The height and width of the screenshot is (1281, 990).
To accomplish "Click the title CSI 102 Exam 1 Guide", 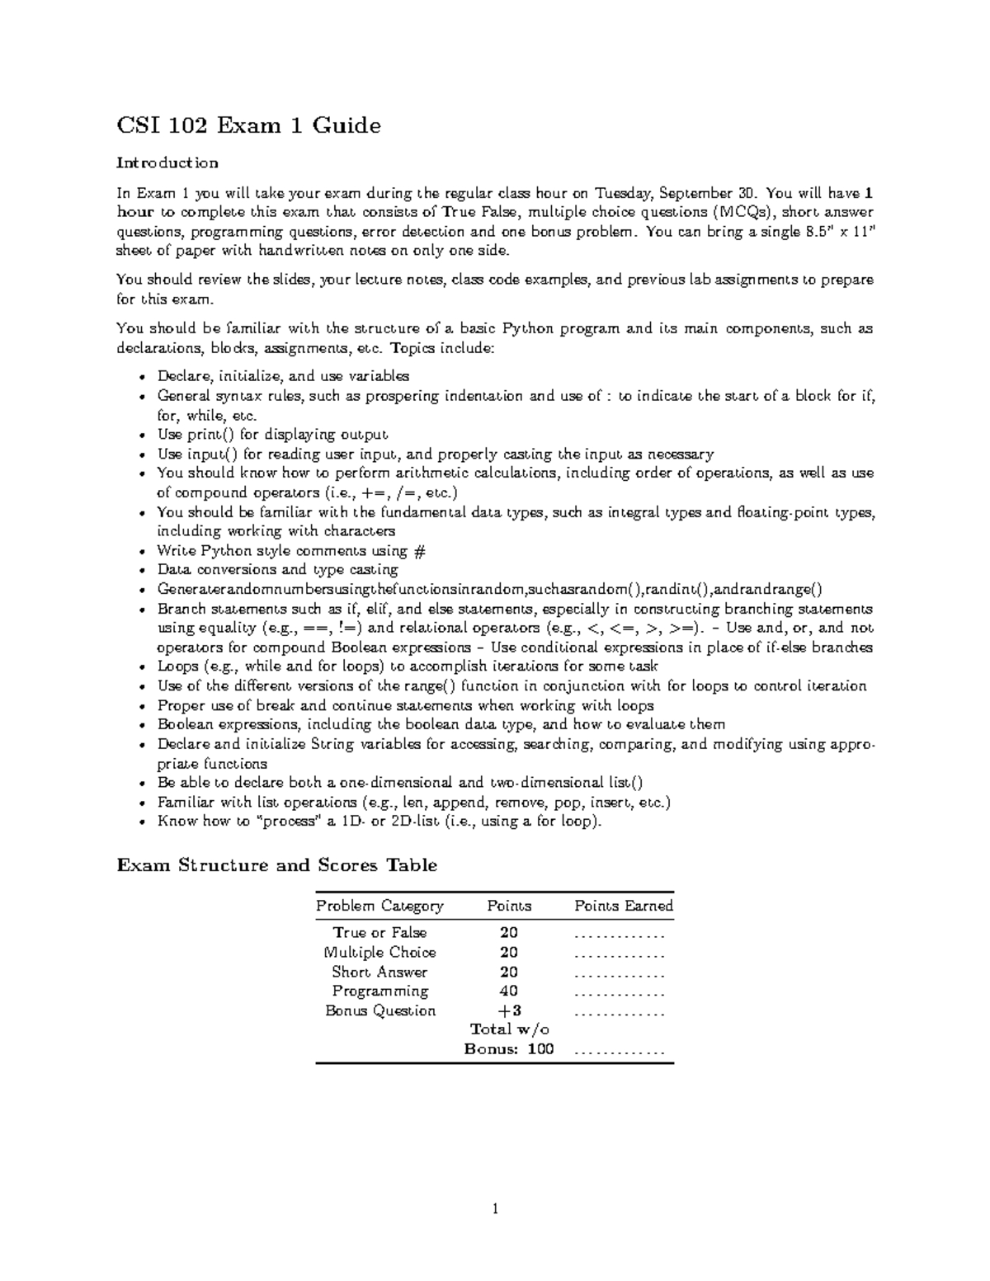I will [248, 125].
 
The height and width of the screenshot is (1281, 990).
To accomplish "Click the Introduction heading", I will [167, 162].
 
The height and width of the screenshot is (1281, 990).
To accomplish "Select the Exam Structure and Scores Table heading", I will [276, 865].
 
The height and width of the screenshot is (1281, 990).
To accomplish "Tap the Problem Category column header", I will [379, 906].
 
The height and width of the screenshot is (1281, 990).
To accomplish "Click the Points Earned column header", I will [624, 906].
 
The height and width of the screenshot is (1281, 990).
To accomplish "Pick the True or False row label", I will [379, 933].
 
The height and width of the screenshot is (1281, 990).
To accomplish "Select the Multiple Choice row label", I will [379, 953].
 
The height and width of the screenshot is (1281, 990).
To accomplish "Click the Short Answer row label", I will [379, 973].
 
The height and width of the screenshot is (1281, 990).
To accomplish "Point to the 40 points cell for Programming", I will [509, 991].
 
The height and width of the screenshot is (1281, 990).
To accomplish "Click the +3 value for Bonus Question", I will [509, 1011].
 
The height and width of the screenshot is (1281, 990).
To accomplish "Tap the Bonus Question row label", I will [379, 1011].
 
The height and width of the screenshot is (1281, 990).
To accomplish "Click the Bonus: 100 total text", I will [509, 1049].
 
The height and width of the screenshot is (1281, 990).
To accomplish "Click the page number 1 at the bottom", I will [495, 1210].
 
